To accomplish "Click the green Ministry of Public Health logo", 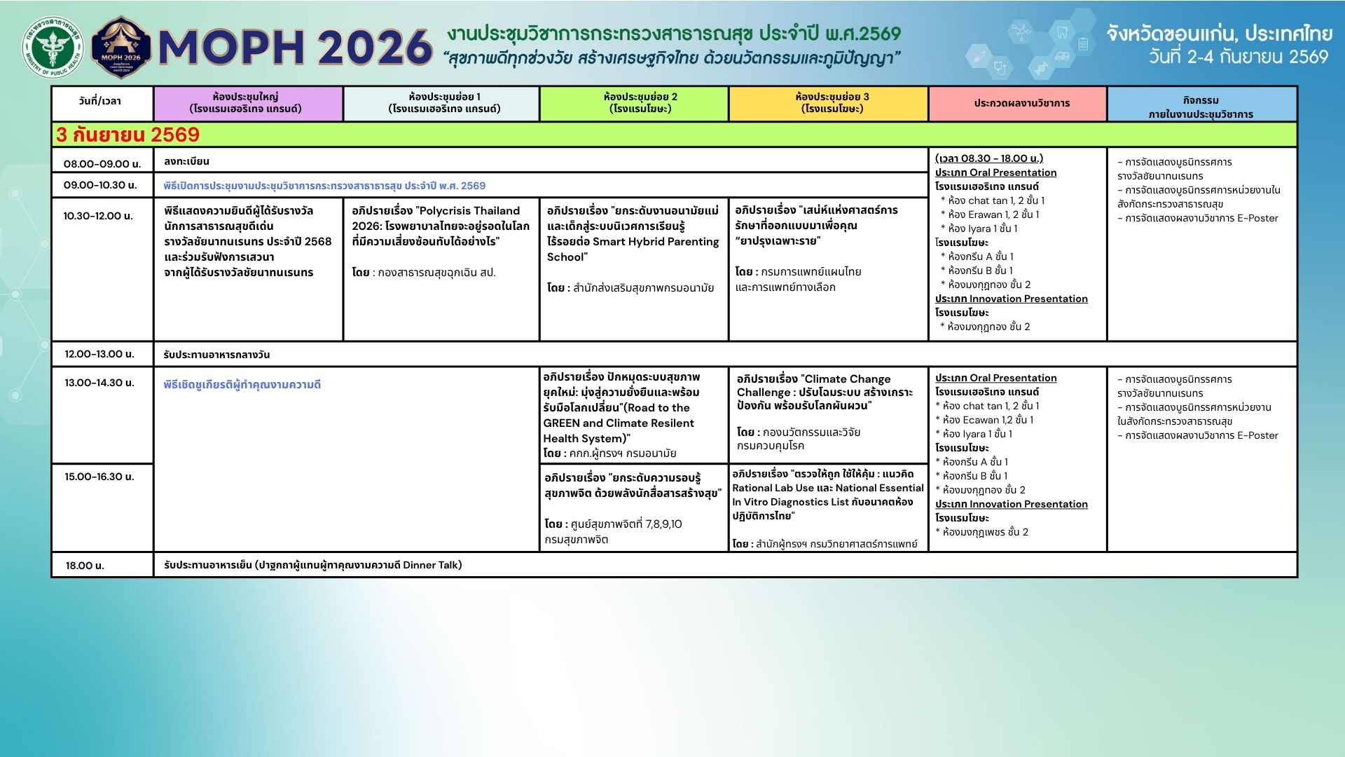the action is [x=53, y=47].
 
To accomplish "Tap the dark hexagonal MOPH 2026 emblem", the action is [x=121, y=47].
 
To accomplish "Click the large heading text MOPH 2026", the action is [x=295, y=47].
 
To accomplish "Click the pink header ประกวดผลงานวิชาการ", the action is [x=1021, y=103].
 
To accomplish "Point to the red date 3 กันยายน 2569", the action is [x=128, y=135].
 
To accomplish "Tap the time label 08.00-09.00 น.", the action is [x=102, y=164].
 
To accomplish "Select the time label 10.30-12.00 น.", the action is [x=98, y=216].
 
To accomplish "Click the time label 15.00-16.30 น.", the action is [x=99, y=477].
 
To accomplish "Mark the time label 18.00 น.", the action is [x=85, y=566].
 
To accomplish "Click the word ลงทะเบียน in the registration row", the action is [x=186, y=161].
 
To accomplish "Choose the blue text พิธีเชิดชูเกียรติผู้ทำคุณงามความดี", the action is [x=242, y=385].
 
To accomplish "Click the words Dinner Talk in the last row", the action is [x=432, y=565].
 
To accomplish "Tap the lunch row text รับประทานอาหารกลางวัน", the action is [x=216, y=355].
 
